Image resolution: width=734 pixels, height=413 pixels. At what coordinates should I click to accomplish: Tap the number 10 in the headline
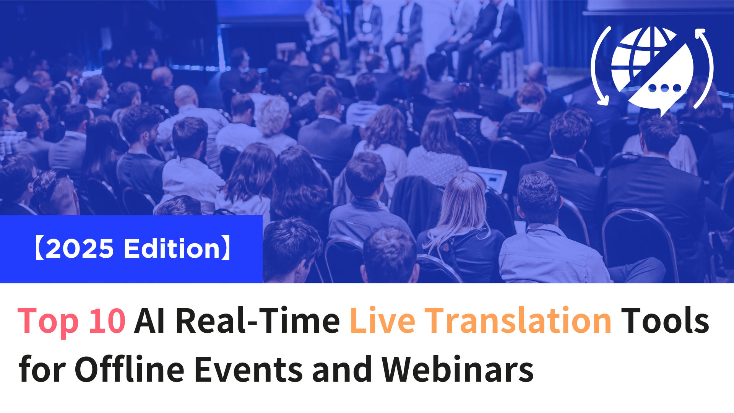point(107,320)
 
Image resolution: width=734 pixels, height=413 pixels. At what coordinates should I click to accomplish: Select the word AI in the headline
point(150,320)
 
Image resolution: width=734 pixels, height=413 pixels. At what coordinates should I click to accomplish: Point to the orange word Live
point(383,320)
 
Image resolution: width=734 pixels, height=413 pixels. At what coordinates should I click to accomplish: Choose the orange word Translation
point(518,320)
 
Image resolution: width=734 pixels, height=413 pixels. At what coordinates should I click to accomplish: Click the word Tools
point(665,320)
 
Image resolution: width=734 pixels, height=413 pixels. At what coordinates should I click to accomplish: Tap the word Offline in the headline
point(129,369)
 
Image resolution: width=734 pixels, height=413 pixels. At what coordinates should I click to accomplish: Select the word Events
point(248,369)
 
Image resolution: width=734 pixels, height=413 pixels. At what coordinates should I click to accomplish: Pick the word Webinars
point(458,369)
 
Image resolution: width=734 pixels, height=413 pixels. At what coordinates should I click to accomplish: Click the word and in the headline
point(342,369)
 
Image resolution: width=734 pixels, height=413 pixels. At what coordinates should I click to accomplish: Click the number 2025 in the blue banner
point(80,249)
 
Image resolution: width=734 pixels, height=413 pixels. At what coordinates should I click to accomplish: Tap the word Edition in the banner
point(172,248)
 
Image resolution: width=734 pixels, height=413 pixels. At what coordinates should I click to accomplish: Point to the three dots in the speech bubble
point(664,88)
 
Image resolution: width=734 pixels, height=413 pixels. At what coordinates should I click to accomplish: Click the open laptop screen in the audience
point(491,179)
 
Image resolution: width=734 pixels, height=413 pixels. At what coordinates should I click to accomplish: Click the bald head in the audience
point(186,96)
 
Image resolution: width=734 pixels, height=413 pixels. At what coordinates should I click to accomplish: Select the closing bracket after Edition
point(227,248)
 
